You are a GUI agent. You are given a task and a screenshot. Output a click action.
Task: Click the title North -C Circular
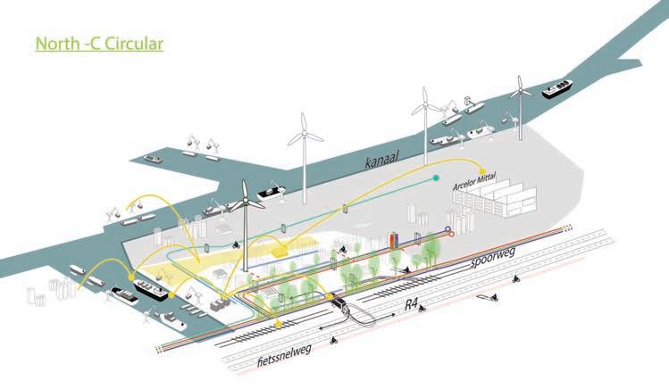click(x=99, y=43)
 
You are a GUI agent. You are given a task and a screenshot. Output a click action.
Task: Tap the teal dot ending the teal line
click(x=436, y=178)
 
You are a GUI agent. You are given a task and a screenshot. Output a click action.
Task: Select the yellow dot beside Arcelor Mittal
click(x=481, y=171)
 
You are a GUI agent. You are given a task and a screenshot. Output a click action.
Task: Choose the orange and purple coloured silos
click(x=397, y=242)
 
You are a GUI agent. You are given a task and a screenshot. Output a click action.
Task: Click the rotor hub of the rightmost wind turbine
click(x=519, y=90)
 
